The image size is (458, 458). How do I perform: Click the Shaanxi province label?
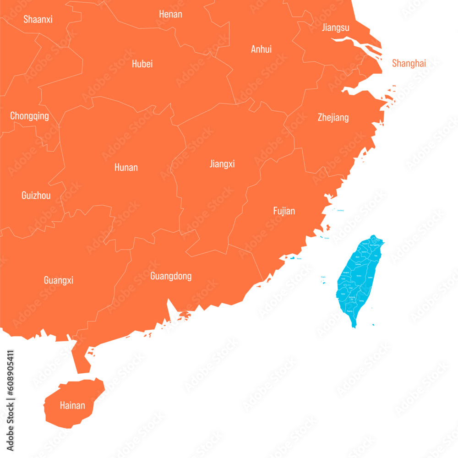tap(38, 19)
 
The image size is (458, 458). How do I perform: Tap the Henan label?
tap(170, 14)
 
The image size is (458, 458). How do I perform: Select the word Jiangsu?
tap(335, 27)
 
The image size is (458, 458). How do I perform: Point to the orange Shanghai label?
tap(409, 63)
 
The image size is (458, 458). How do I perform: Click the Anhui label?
tap(261, 49)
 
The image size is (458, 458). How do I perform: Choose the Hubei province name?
tap(142, 64)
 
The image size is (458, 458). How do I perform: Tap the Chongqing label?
tap(29, 116)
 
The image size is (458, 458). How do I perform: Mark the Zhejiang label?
tap(333, 118)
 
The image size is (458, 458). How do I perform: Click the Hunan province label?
tap(126, 167)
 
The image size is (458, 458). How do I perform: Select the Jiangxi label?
tap(222, 164)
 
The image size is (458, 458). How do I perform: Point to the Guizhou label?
tap(36, 196)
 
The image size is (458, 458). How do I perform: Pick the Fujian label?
tap(284, 211)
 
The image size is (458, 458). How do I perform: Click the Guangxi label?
tap(59, 280)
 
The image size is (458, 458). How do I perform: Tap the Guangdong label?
tap(171, 276)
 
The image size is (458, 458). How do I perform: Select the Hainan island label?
tap(72, 405)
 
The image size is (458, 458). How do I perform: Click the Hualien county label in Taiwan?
tap(370, 278)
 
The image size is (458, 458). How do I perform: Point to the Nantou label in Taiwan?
tap(359, 276)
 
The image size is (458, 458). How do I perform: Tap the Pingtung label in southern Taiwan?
tap(350, 311)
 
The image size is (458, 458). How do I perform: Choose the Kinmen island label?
tap(299, 259)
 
